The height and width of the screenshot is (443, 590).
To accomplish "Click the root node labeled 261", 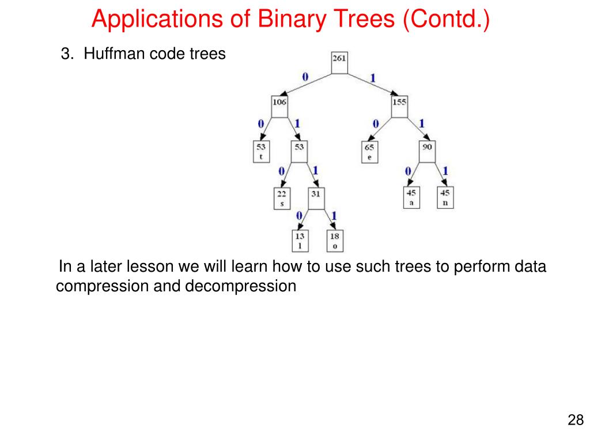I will pos(339,63).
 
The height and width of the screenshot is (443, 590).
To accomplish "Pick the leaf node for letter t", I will pos(262,152).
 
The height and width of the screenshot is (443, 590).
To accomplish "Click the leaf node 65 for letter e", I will pos(369,152).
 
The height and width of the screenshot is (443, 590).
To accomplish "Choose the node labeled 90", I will pos(428,152).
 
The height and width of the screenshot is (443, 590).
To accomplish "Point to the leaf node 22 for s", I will pos(282,198).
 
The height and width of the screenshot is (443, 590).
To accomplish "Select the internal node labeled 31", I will pos(316,199).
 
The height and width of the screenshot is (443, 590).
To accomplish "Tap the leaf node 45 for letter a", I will pos(411,197).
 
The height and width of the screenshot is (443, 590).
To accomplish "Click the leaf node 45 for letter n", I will pos(445,197).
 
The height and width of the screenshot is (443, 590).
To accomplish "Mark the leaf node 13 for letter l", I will pos(300,241).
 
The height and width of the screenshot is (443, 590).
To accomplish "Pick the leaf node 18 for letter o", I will pos(334,241).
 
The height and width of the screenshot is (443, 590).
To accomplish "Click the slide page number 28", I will pos(576,419).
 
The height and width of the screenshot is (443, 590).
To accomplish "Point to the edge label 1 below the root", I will pos(373,78).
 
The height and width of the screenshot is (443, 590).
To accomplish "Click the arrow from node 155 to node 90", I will pos(414,129).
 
